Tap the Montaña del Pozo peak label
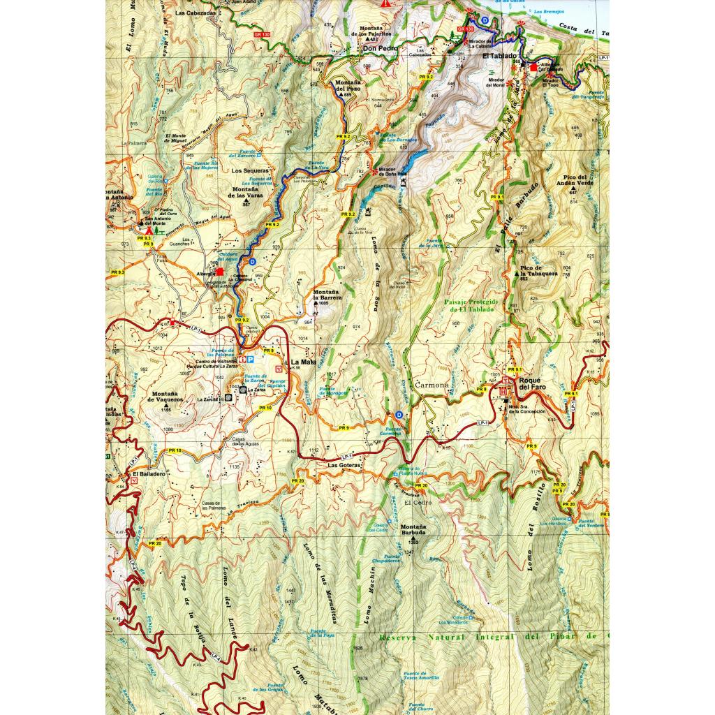click(348, 87)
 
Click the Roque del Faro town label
click(533, 382)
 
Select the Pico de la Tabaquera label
click(538, 271)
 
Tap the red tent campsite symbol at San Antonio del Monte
click(149, 228)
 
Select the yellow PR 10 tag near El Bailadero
click(173, 450)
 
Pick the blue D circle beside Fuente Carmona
click(399, 414)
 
